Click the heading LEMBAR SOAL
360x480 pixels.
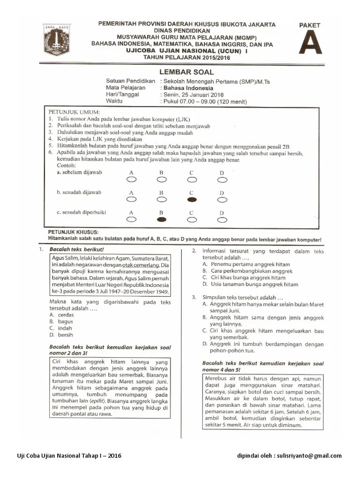pos(187,72)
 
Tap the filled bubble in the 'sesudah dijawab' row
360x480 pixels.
pos(191,199)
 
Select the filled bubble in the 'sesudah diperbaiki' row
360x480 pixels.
pos(161,219)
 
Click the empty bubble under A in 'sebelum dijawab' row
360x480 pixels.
pos(131,179)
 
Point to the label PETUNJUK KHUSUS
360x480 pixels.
pos(73,232)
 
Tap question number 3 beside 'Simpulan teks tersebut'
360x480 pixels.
pos(193,297)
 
